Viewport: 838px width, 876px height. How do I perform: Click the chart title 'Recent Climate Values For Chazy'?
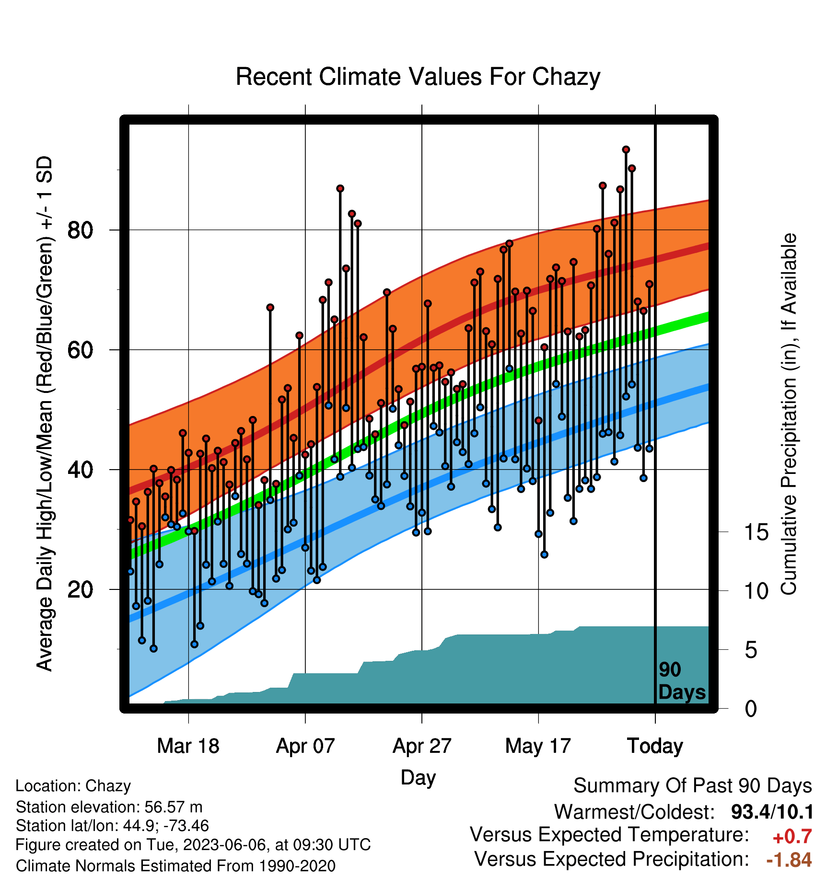[x=418, y=77]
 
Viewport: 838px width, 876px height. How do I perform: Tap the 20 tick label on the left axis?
[x=80, y=589]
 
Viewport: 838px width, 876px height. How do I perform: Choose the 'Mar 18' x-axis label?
[x=188, y=746]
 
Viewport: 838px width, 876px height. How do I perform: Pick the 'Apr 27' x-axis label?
[x=422, y=746]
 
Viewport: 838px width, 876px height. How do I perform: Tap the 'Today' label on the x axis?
[x=655, y=746]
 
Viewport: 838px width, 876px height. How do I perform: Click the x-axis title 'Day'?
[x=418, y=777]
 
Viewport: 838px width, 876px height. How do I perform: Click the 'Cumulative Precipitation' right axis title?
[x=789, y=415]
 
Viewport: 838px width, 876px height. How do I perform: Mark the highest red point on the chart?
[x=626, y=150]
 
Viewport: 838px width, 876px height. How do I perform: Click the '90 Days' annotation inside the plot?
[x=682, y=681]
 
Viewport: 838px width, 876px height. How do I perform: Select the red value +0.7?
[x=792, y=837]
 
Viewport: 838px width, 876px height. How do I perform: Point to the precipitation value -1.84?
[x=789, y=860]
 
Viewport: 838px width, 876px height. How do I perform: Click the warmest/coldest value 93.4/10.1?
[x=772, y=812]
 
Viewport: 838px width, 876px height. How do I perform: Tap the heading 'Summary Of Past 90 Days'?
[x=693, y=786]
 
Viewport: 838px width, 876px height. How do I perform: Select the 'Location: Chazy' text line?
[x=73, y=786]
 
